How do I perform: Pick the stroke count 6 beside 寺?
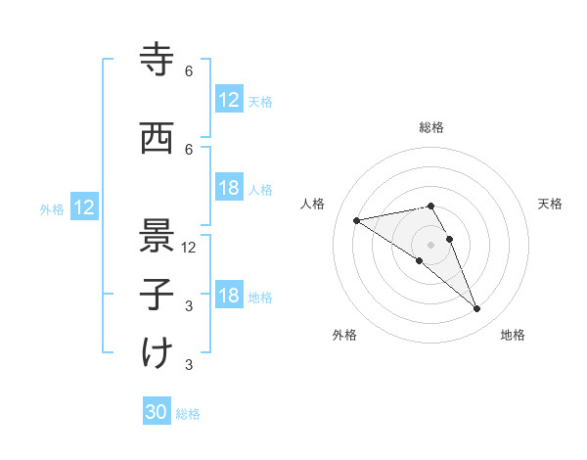pos(189,71)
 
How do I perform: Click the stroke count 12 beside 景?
pos(189,247)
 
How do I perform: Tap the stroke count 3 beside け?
pos(189,365)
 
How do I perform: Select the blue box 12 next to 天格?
pos(229,100)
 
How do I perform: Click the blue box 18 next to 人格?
pos(229,189)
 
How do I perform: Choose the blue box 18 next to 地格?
pos(229,296)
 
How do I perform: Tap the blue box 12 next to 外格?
pos(83,207)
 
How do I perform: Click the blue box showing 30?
pos(157,412)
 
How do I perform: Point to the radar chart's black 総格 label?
pos(431,127)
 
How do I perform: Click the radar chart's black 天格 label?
pos(551,204)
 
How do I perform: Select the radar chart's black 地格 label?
pos(513,335)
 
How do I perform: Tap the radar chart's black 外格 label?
pos(344,335)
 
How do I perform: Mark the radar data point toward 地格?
pos(477,309)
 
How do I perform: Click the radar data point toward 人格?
pos(357,220)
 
